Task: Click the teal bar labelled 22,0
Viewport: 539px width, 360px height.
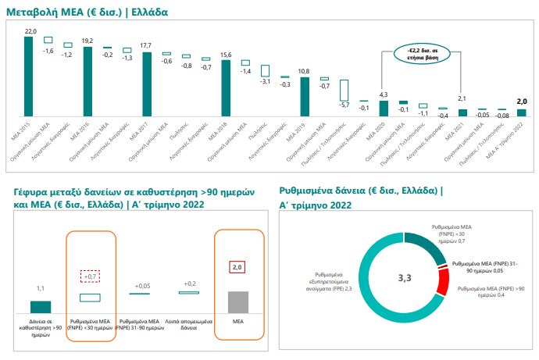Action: point(29,75)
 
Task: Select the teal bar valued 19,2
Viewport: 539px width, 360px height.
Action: point(87,80)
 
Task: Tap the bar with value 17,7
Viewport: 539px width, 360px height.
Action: point(146,83)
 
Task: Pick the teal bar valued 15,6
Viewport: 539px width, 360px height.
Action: point(226,87)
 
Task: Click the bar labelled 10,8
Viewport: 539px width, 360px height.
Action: point(305,95)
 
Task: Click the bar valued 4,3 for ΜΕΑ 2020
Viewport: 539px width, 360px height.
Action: point(383,107)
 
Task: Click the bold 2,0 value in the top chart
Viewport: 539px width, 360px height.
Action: point(523,101)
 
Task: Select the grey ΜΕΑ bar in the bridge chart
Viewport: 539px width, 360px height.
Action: point(239,301)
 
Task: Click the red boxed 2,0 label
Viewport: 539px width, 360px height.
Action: point(239,267)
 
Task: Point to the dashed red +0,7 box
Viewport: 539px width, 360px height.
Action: point(91,276)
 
